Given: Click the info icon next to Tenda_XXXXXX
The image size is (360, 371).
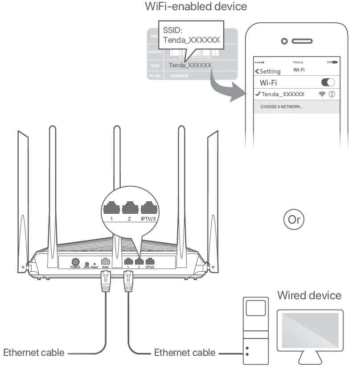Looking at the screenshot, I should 331,94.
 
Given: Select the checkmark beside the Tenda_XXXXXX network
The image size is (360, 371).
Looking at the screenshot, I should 257,94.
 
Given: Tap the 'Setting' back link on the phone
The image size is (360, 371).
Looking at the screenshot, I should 268,71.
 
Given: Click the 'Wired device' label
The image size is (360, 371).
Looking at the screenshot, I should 309,295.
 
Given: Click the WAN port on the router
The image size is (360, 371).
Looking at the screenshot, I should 106,262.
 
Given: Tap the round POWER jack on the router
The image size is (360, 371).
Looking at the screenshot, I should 75,263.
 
